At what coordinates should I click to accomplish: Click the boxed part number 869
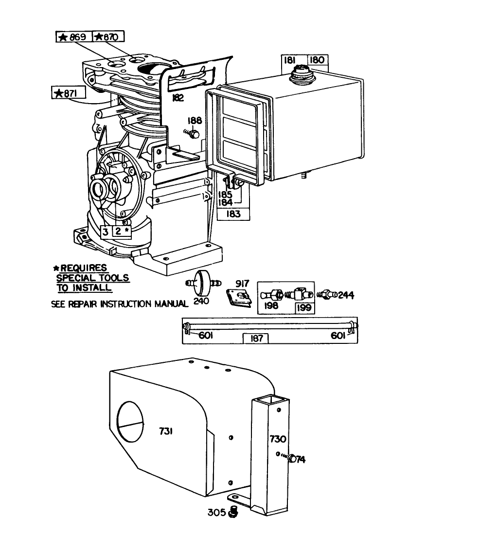(73, 37)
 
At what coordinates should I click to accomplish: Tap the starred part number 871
(69, 93)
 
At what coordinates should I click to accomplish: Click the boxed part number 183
(233, 214)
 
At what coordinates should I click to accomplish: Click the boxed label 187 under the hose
(256, 338)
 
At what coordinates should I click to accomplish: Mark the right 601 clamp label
(338, 336)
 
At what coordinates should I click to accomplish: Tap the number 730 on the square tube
(278, 439)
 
